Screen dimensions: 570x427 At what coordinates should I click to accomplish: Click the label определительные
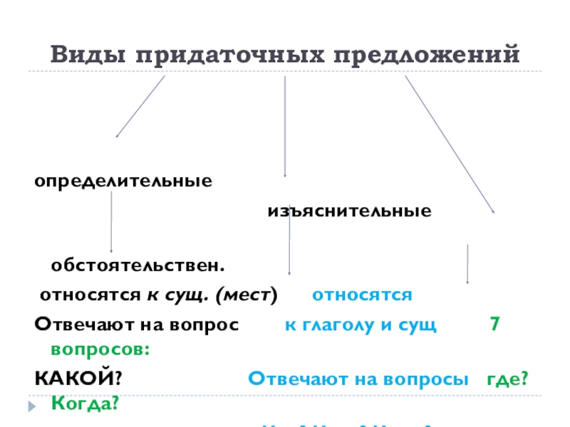(124, 180)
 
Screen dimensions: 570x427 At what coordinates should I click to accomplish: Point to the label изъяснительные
(349, 211)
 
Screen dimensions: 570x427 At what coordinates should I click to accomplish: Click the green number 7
(494, 325)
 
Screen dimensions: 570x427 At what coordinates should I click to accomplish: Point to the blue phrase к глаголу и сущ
(361, 325)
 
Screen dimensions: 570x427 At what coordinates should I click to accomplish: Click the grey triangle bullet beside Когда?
(30, 407)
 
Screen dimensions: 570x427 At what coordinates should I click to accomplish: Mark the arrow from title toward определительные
(140, 106)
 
